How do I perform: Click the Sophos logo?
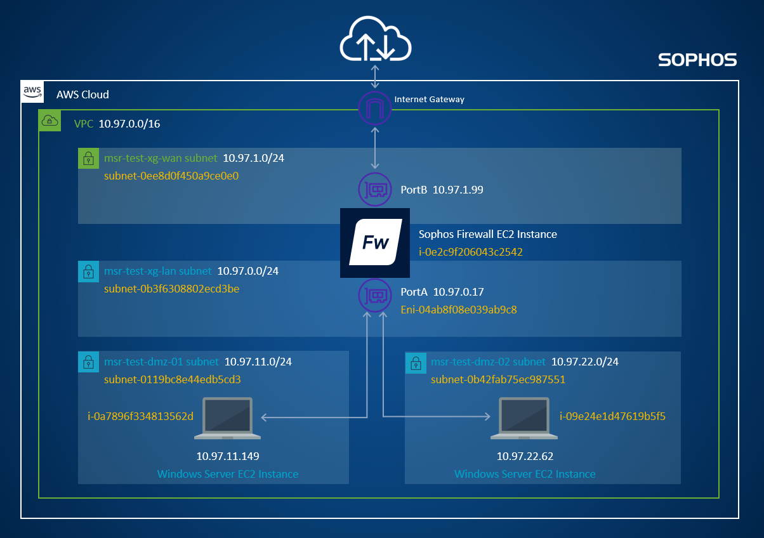tap(697, 60)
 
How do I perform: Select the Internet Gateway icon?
tap(375, 108)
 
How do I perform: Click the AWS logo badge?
tap(32, 92)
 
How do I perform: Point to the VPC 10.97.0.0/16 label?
tap(117, 124)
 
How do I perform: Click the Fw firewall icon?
tap(375, 242)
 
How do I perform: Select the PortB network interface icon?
tap(375, 189)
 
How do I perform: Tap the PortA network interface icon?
tap(375, 294)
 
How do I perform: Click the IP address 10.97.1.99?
tap(458, 190)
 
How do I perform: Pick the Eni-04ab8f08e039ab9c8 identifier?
tap(459, 310)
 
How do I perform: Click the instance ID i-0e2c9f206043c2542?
tap(471, 252)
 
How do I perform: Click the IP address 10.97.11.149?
tap(228, 456)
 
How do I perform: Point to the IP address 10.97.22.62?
tap(524, 456)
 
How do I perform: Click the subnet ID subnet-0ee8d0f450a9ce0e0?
tap(171, 176)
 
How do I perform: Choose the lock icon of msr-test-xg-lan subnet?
tap(87, 272)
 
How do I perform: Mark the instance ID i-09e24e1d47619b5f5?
tap(612, 417)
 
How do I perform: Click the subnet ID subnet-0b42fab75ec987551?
tap(498, 380)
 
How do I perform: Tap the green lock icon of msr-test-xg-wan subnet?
tap(87, 159)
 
